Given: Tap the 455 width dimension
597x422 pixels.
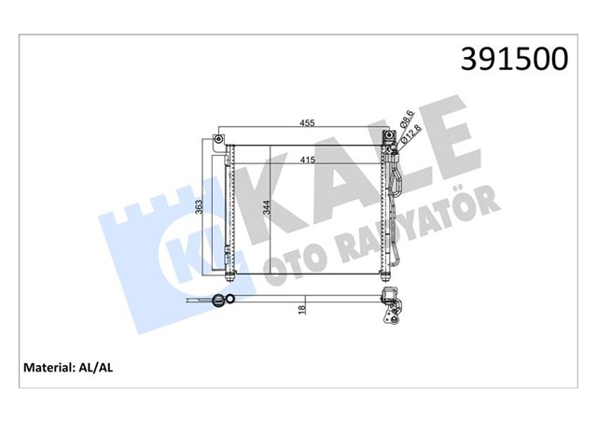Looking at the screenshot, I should [306, 121].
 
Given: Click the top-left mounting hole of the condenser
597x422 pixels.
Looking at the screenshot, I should [217, 140].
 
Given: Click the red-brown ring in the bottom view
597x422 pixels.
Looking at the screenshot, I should [221, 301].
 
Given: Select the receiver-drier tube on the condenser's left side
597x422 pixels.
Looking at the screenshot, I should [229, 205].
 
